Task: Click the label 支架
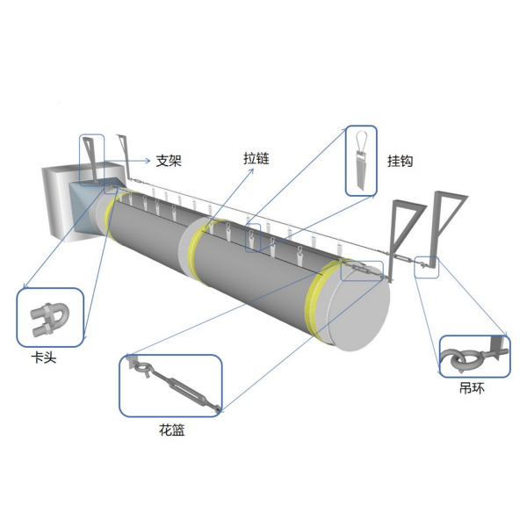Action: point(169,161)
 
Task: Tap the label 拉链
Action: point(256,158)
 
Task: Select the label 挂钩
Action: point(400,161)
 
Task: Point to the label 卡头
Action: point(44,357)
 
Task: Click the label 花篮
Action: point(172,430)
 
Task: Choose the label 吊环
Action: point(472,388)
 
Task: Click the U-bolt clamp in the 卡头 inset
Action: point(50,318)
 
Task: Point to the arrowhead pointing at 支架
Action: point(148,161)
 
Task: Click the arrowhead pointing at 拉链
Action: point(251,171)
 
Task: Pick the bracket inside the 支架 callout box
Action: point(91,159)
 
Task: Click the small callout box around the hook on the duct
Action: point(253,238)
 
